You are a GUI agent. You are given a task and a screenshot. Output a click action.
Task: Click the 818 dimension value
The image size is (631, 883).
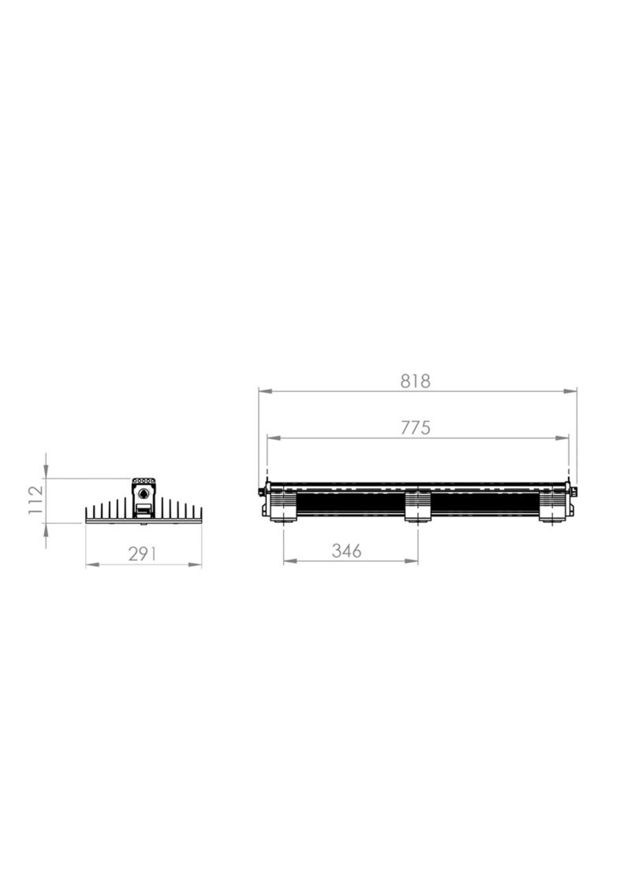415,382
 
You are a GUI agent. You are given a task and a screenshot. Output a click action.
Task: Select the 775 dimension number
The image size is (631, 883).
415,428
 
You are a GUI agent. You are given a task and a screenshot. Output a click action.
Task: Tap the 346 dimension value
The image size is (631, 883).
346,551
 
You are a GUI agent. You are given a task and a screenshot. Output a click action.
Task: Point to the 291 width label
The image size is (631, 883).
142,554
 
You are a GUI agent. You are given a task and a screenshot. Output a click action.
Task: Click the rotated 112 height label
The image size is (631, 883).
36,500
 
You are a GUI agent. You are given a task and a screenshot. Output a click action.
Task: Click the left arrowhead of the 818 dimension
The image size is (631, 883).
265,391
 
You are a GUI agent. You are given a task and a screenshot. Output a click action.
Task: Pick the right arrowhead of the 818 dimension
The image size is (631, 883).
570,391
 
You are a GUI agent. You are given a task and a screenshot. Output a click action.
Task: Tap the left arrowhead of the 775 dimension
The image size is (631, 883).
274,438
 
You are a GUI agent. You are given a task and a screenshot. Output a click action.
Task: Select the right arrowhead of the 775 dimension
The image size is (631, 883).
562,438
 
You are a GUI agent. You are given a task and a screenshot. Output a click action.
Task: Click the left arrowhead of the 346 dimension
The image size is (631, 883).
290,561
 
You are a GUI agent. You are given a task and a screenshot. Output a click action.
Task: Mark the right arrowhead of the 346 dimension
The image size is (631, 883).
411,561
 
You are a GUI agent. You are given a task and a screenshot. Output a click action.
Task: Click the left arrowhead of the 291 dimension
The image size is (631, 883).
92,565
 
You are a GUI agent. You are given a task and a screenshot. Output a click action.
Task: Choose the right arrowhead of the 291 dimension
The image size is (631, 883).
196,565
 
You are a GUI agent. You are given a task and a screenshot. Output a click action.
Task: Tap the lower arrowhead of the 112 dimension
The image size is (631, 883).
46,529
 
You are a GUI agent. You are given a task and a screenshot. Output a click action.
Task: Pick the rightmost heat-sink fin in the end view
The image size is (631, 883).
201,513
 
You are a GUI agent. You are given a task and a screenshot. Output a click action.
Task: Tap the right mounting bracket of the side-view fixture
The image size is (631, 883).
553,506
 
